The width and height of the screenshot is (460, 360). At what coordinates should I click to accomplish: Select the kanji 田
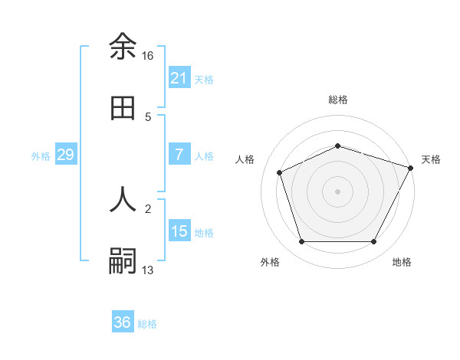tap(123, 109)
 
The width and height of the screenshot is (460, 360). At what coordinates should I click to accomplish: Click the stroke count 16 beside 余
tap(148, 56)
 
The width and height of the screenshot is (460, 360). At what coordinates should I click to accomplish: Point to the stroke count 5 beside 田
tap(148, 117)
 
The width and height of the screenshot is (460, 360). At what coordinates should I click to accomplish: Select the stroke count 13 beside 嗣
tap(148, 270)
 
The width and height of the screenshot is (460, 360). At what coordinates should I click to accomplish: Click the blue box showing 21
tap(179, 78)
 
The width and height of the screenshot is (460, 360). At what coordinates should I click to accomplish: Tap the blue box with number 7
tap(179, 155)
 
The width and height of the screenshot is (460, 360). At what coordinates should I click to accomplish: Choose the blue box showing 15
tap(179, 231)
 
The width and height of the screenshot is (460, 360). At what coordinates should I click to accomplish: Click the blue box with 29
tap(65, 155)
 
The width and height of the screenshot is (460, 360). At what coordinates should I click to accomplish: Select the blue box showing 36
tap(123, 322)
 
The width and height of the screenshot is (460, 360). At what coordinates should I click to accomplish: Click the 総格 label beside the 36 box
tap(147, 324)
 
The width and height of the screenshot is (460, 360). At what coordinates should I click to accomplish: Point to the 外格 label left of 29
tap(41, 155)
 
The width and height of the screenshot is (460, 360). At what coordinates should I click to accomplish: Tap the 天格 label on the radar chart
tap(431, 159)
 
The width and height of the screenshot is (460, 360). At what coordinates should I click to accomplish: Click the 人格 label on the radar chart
tap(245, 159)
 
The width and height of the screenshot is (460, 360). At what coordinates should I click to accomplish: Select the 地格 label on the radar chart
tap(402, 262)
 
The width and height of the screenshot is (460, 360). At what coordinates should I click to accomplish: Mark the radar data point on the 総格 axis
tap(337, 145)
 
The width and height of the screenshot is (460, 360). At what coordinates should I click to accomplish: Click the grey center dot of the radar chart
tap(337, 191)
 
